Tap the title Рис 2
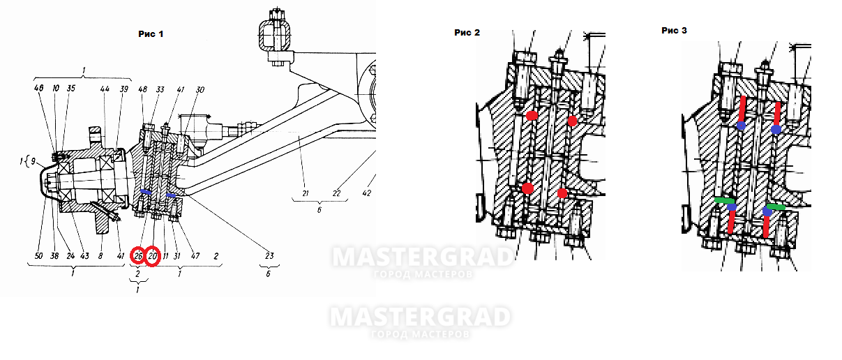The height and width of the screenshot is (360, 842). tap(467, 32)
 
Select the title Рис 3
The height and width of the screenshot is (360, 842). tap(675, 31)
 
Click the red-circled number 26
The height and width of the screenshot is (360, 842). tap(138, 256)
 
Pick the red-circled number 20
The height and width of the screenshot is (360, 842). tap(153, 256)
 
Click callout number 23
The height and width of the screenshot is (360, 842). tap(270, 256)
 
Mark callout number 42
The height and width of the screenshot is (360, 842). tap(368, 193)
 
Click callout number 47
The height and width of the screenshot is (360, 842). tap(195, 256)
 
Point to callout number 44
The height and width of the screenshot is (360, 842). tap(105, 89)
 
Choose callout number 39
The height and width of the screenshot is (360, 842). tap(123, 89)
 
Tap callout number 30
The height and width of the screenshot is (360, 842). tap(200, 89)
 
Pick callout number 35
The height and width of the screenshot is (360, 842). tap(70, 89)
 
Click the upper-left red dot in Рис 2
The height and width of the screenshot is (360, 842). tap(532, 116)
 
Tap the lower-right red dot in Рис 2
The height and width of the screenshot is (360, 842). tap(562, 192)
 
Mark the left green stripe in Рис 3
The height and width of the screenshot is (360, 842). tap(724, 200)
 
